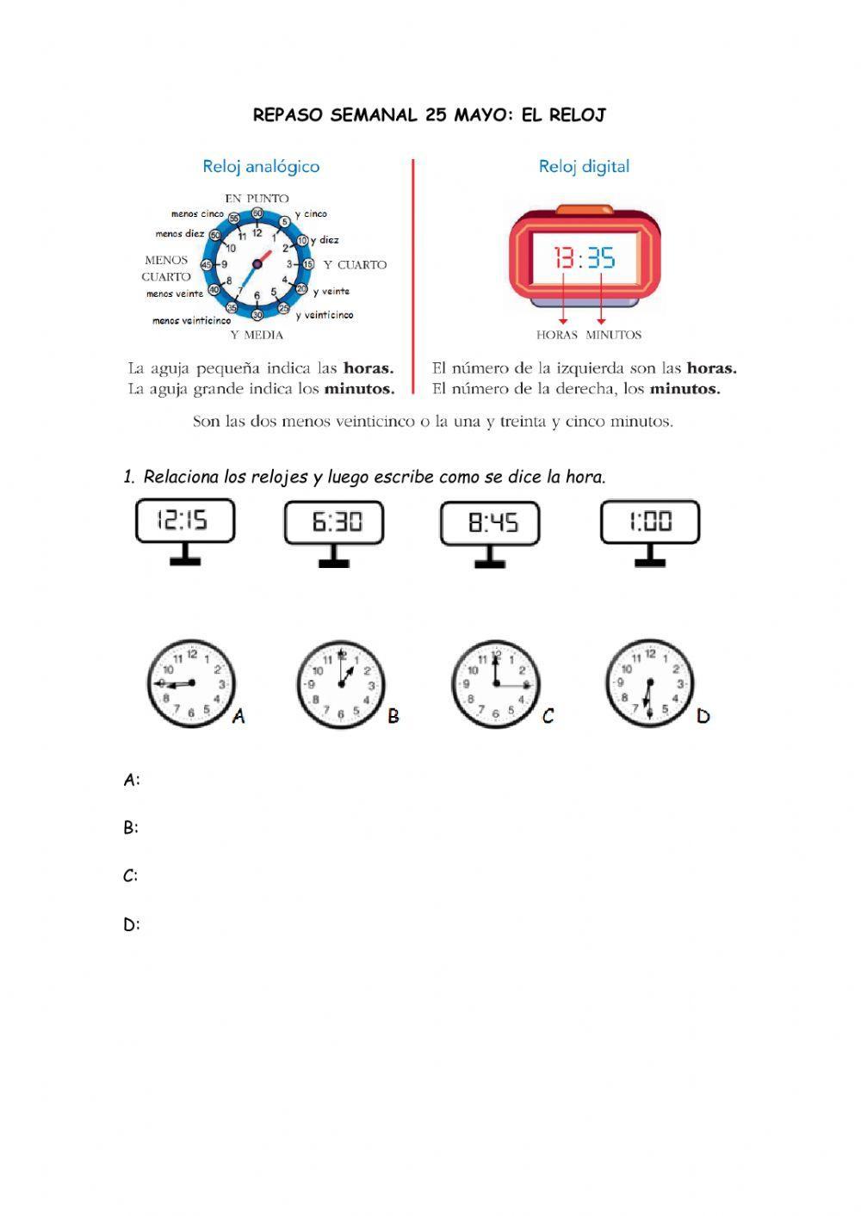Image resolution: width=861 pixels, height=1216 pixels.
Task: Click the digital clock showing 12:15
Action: tap(184, 522)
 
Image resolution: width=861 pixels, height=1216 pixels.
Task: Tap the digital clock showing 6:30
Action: tap(334, 523)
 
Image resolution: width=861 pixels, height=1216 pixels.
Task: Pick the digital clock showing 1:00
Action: tap(650, 522)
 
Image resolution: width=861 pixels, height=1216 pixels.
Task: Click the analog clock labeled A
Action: tap(190, 684)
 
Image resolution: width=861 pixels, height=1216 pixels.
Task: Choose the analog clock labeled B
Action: tap(342, 685)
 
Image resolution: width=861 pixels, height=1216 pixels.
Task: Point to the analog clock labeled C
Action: tap(496, 685)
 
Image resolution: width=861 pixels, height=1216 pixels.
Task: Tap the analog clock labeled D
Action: tap(649, 684)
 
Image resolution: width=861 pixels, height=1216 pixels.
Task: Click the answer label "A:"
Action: tap(132, 781)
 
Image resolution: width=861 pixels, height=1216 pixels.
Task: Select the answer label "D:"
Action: tap(132, 925)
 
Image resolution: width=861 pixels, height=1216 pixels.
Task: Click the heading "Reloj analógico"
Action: tap(261, 166)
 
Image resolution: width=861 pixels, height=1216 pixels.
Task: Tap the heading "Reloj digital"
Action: tap(584, 166)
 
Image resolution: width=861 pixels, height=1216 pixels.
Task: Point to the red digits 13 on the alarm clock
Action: tap(564, 257)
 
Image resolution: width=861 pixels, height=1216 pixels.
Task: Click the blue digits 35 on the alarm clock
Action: tap(601, 257)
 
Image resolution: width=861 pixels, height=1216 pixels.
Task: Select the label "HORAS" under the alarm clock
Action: tap(556, 335)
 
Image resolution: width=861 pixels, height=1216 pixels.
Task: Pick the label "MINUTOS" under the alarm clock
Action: tap(613, 335)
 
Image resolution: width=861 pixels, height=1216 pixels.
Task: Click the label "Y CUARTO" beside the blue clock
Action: tap(355, 265)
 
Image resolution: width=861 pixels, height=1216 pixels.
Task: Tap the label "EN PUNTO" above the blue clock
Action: tap(257, 198)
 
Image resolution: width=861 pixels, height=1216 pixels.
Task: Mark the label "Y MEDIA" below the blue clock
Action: tap(257, 335)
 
